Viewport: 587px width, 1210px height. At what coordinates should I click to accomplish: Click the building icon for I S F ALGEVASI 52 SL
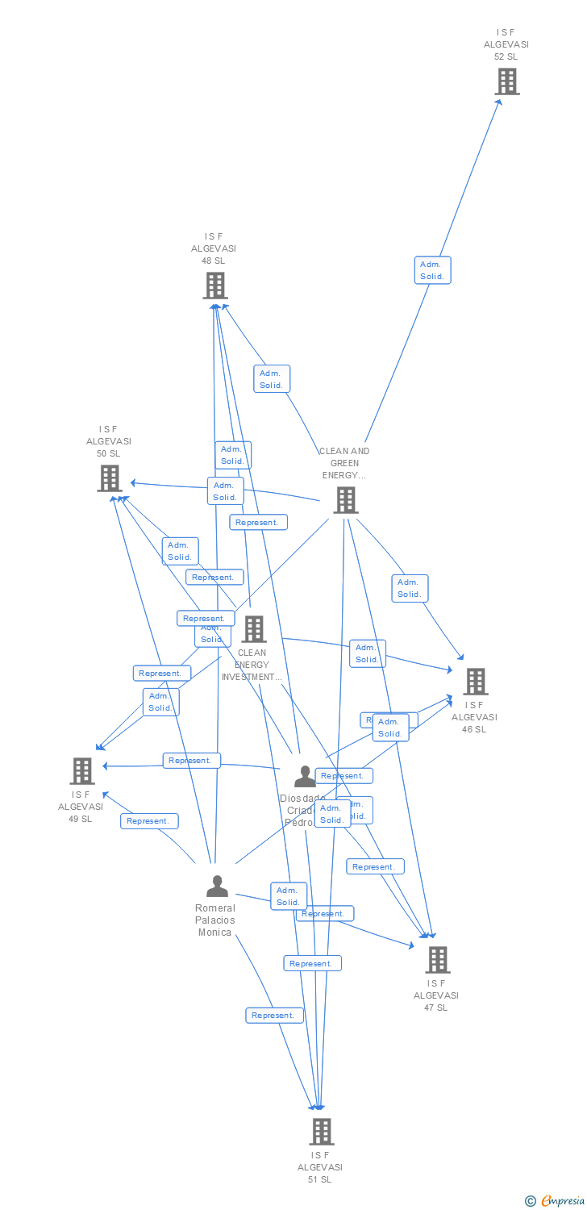point(506,81)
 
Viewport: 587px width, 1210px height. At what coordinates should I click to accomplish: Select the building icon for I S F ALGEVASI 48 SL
point(214,286)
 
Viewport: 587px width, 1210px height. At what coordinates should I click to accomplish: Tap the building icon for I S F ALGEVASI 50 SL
point(109,478)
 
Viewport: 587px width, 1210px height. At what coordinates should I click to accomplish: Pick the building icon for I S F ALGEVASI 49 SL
point(82,771)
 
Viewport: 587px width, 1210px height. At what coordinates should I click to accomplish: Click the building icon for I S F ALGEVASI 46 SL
point(476,682)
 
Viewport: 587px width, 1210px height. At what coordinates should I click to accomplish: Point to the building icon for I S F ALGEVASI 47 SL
point(438,960)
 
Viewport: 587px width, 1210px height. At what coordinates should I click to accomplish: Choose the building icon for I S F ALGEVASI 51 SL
point(321,1132)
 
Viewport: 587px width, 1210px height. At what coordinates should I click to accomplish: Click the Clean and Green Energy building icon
point(345,500)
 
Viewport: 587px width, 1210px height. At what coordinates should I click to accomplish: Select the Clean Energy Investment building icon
point(253,629)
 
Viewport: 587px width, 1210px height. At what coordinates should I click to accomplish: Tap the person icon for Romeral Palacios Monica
point(217,886)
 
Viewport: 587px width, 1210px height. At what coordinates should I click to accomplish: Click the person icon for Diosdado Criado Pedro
point(305,776)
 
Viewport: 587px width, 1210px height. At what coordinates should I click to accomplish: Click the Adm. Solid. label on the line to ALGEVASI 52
point(432,270)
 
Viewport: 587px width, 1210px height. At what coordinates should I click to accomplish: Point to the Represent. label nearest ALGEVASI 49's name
point(149,821)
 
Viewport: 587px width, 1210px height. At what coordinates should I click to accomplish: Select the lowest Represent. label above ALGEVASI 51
point(274,1016)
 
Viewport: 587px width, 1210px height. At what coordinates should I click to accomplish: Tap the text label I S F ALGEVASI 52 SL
point(506,44)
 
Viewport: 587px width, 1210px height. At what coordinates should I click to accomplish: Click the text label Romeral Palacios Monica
point(215,920)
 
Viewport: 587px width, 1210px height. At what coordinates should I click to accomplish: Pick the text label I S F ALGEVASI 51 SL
point(320,1167)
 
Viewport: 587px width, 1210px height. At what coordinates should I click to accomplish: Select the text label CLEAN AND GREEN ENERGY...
point(344,463)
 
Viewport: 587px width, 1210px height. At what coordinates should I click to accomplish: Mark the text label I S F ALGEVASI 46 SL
point(474,717)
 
